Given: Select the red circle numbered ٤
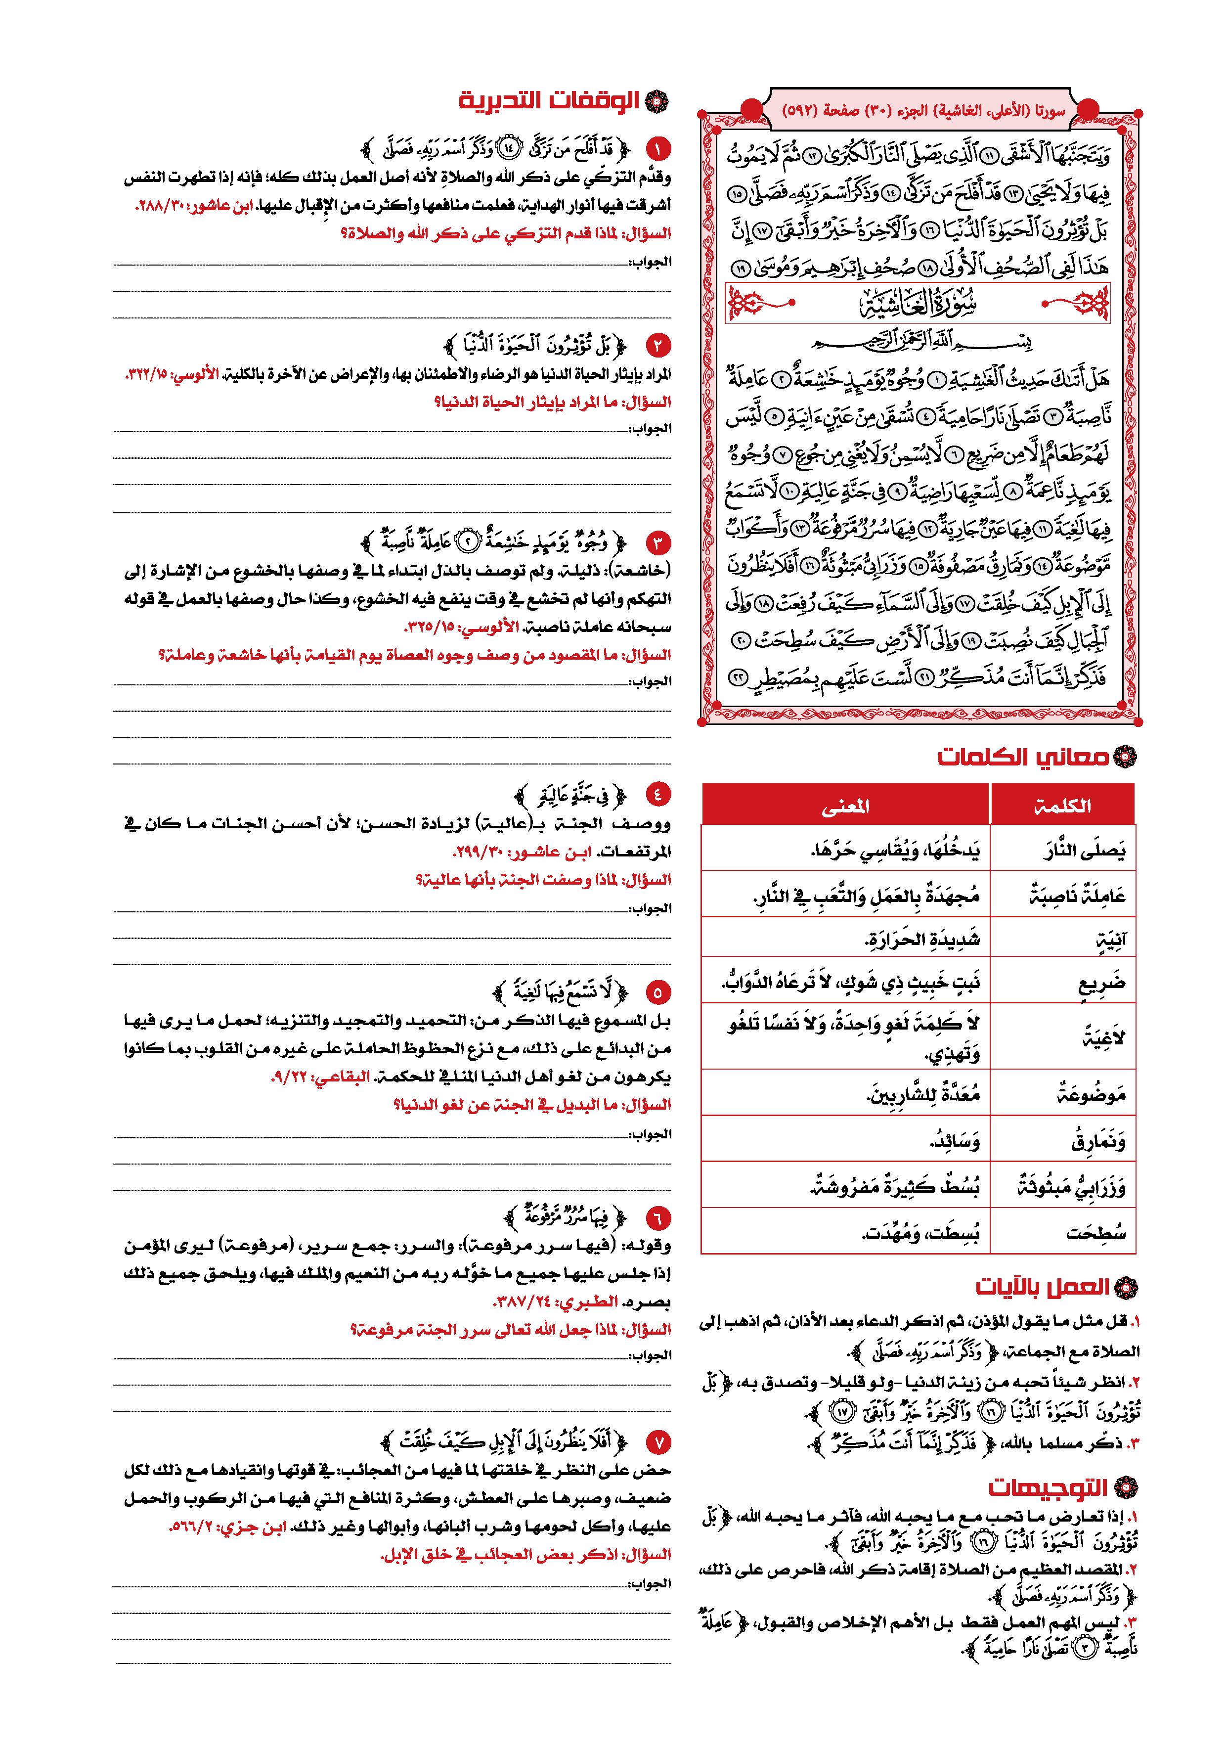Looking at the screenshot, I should [657, 794].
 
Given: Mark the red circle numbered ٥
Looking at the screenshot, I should [657, 992].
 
